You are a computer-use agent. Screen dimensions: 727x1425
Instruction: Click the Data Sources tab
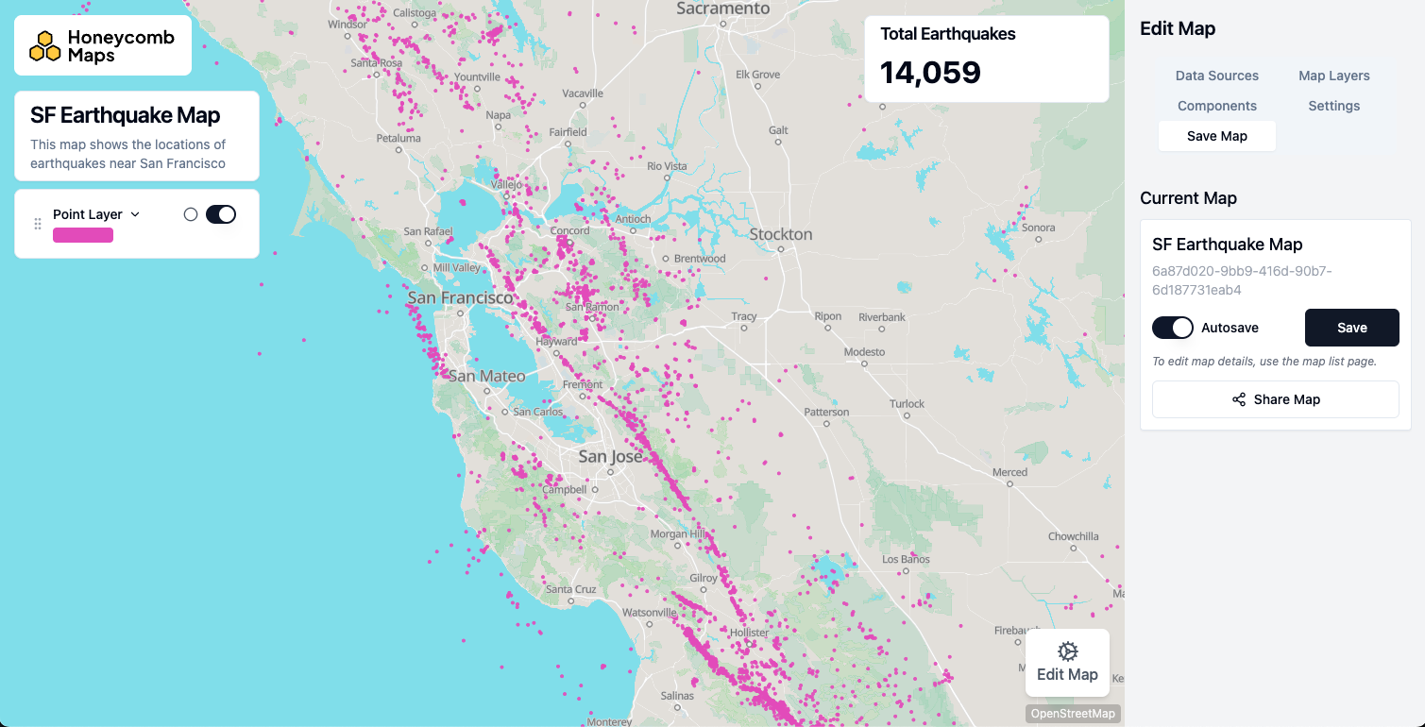1216,76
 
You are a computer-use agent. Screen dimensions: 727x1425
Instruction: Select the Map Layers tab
1333,76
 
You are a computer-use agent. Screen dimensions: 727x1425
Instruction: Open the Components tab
1216,106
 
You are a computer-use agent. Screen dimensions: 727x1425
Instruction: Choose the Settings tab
1333,106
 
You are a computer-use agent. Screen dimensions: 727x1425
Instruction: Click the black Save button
1351,328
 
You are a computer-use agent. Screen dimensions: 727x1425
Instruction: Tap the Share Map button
1275,399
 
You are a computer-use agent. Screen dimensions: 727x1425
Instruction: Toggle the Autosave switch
1173,328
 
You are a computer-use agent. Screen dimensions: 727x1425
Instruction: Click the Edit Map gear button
1067,662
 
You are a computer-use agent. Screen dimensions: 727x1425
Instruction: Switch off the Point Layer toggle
221,214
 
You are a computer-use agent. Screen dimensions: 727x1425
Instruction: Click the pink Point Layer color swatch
83,235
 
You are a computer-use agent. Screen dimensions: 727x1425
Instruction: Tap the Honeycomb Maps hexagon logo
44,45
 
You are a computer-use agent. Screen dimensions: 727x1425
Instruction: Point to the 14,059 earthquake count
930,73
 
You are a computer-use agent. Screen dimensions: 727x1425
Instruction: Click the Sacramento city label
723,8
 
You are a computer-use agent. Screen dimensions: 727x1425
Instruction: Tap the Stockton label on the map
780,234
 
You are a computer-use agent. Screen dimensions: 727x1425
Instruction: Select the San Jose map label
610,457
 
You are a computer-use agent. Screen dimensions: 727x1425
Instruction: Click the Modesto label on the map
864,351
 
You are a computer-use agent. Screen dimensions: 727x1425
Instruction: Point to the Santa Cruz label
570,589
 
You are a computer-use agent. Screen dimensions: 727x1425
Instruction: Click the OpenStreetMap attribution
1073,714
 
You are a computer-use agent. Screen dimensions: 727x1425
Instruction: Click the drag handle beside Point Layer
38,224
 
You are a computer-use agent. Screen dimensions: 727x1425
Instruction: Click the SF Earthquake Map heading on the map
126,115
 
